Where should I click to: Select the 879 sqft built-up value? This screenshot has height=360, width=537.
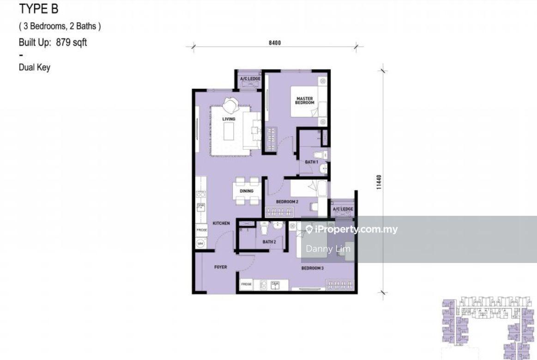point(71,43)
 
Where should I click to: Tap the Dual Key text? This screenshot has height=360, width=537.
point(34,67)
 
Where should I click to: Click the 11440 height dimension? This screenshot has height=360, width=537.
point(379,181)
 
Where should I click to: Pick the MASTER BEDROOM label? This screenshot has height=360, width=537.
point(305,100)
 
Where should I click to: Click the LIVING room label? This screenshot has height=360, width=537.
point(229,119)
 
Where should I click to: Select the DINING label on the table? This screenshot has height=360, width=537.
point(247,191)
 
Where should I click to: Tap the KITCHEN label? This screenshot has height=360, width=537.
point(221,223)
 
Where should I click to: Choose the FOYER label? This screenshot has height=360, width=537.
point(220,267)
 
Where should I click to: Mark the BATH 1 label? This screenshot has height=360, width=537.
point(312,162)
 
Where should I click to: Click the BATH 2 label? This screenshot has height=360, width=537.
point(269,242)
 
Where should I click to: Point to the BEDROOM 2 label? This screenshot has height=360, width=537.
point(287,202)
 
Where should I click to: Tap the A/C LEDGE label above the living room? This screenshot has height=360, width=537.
point(250,79)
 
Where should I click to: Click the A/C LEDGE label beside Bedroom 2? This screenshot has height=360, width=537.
point(343,209)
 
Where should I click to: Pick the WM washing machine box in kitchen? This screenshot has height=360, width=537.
point(200,243)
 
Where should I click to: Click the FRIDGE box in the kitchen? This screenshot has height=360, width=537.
point(201,230)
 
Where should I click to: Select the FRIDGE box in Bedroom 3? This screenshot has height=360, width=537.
point(246,284)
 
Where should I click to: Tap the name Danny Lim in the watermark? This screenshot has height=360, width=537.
point(328,249)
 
